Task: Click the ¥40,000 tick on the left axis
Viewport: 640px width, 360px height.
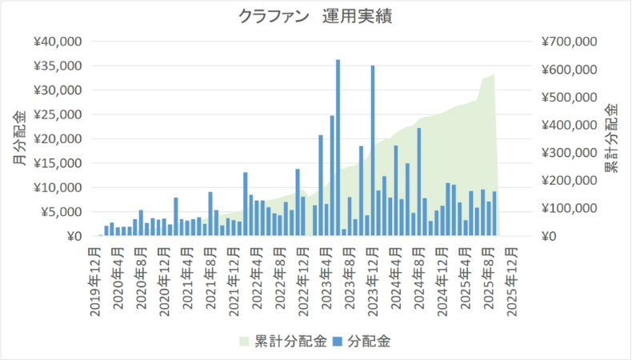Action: [x=62, y=41]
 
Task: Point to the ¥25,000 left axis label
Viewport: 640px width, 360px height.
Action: [x=62, y=114]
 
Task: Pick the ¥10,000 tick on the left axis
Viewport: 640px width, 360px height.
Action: [x=62, y=188]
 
